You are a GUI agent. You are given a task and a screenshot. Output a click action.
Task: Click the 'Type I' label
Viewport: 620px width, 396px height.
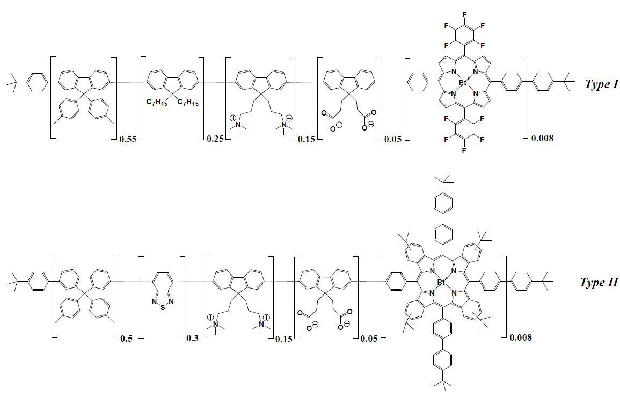(601, 84)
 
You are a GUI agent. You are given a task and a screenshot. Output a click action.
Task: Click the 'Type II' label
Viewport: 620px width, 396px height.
(599, 283)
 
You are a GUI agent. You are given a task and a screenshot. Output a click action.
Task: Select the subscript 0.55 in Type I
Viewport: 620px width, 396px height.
(128, 139)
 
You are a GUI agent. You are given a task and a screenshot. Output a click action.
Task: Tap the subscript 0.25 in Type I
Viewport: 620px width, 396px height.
(215, 139)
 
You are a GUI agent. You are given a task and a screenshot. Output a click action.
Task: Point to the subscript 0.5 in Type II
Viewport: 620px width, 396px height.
(127, 339)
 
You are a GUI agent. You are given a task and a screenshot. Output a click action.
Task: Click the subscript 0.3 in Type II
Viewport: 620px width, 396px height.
(193, 339)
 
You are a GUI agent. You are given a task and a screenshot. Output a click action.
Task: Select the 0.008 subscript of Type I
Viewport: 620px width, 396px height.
(543, 138)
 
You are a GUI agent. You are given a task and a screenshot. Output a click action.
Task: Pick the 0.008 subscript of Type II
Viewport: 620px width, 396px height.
(521, 337)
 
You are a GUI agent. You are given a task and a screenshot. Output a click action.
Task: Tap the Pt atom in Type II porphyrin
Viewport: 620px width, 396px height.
(442, 283)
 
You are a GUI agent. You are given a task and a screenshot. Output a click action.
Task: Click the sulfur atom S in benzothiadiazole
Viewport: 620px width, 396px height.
(163, 307)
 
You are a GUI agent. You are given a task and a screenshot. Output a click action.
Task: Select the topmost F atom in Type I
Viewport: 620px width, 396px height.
(465, 15)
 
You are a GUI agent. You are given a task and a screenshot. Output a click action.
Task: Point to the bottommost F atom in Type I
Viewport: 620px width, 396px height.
(464, 150)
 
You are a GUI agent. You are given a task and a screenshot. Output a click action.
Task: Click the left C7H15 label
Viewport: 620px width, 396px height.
(157, 103)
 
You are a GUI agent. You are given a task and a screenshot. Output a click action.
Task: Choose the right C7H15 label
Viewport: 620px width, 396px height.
(188, 103)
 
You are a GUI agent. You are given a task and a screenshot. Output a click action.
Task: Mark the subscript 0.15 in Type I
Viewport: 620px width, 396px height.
(307, 139)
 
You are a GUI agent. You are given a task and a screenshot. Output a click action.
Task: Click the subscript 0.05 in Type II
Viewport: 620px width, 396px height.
(369, 339)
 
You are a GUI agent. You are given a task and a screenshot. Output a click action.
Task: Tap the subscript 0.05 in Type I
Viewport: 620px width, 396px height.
(392, 139)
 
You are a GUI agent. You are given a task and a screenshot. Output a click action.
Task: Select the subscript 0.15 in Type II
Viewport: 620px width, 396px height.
(284, 339)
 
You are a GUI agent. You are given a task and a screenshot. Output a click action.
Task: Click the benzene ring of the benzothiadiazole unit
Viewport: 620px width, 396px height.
(163, 282)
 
